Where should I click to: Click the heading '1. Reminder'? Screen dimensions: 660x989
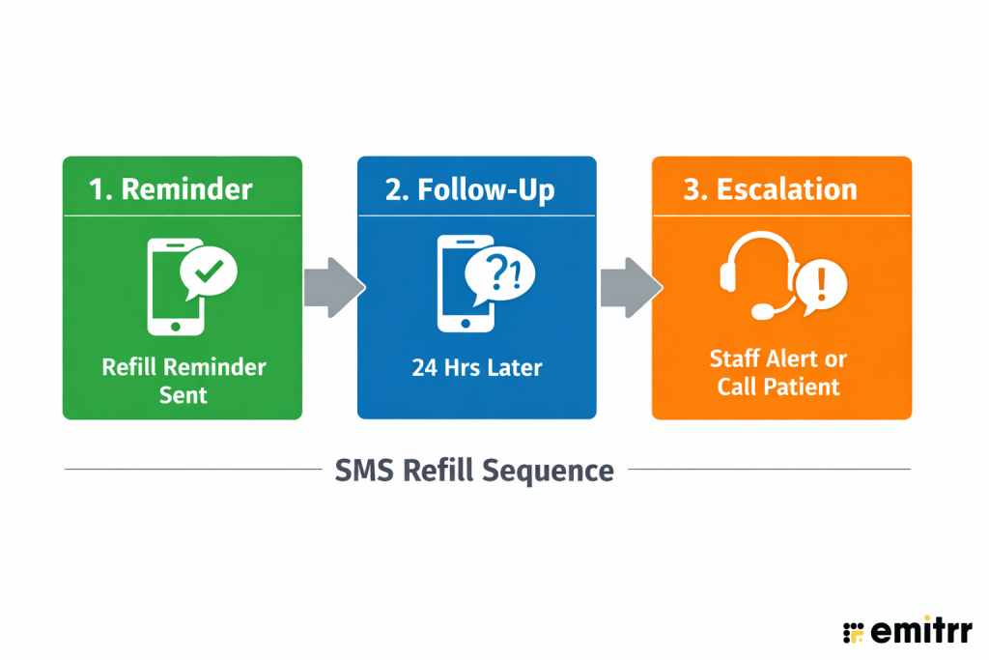point(171,187)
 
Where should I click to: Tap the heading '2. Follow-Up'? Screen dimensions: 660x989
point(470,188)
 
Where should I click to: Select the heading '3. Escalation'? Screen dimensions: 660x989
point(770,188)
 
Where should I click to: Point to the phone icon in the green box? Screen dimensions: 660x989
point(174,288)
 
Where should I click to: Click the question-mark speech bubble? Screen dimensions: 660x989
point(499,273)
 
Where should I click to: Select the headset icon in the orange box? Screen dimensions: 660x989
point(758,273)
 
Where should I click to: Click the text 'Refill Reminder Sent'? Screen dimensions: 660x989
point(184,381)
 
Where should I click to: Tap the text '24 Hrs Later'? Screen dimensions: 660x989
point(477,368)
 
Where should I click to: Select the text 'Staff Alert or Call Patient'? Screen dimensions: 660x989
point(778,373)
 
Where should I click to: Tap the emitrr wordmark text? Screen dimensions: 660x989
point(921,631)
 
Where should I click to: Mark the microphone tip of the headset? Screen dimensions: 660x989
point(762,311)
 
